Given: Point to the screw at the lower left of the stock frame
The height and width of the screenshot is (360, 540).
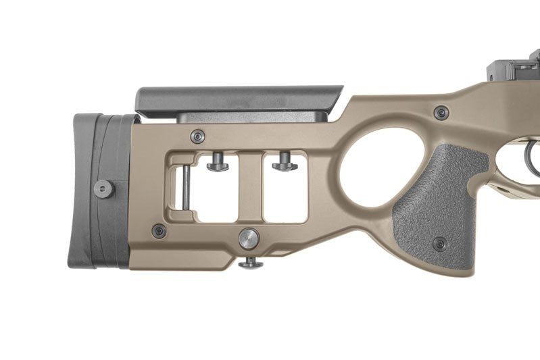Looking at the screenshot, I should point(159,231).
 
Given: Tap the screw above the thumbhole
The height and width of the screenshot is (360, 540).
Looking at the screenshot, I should point(442,112).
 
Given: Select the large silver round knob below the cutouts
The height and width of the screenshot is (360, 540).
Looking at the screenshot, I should point(249,238).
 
